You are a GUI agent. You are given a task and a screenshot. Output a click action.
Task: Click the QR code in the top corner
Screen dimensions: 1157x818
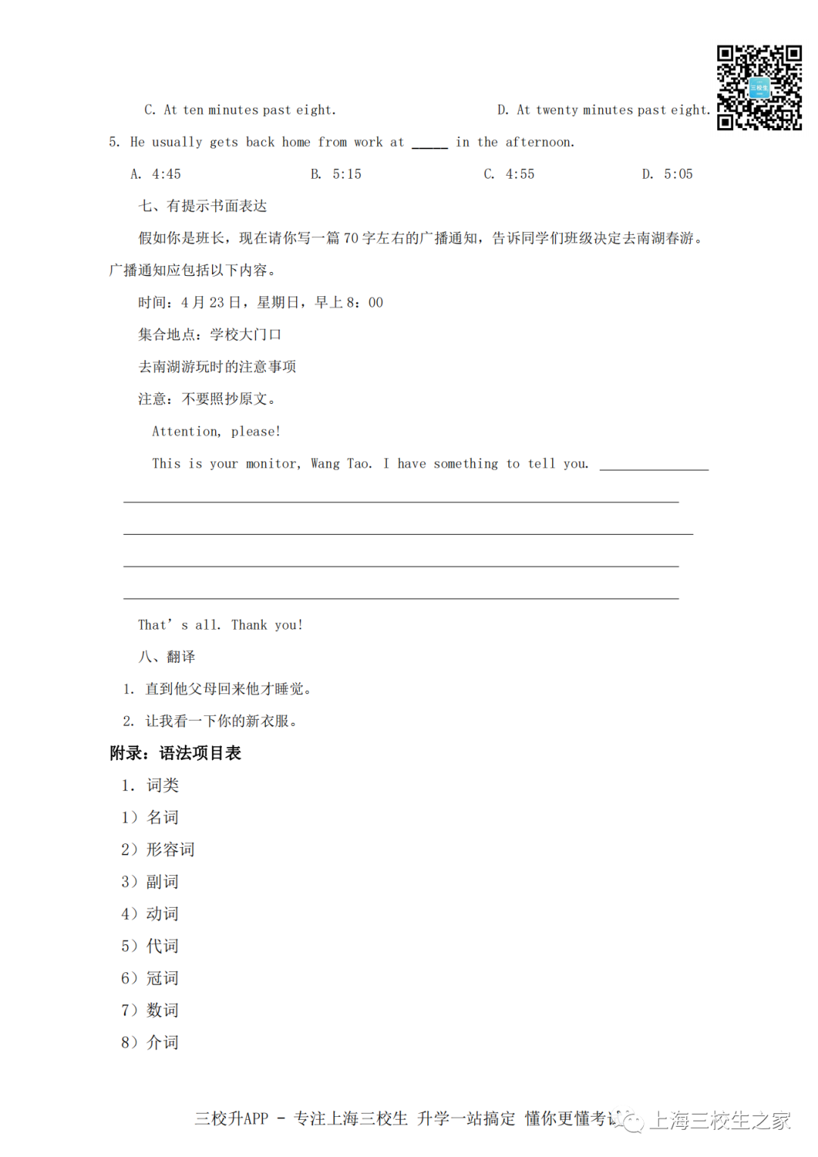tap(759, 87)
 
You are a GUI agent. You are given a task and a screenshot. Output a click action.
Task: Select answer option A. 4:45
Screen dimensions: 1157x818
tap(156, 174)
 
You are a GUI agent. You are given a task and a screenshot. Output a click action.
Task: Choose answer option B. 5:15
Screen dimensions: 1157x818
tap(336, 174)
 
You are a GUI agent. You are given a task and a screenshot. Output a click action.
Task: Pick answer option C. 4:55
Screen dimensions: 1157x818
tap(509, 174)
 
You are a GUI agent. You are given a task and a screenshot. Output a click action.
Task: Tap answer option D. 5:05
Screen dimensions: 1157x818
tap(667, 174)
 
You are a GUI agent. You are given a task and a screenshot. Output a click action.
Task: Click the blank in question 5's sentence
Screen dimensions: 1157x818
tap(429, 143)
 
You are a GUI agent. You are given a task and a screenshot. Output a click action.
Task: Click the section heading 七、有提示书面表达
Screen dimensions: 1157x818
tap(202, 206)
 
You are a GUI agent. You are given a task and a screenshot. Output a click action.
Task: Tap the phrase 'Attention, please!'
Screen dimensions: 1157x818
tap(216, 431)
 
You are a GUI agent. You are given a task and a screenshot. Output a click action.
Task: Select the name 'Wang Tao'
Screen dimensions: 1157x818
tap(341, 464)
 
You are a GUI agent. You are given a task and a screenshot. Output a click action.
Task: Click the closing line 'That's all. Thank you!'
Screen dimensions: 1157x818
tap(220, 625)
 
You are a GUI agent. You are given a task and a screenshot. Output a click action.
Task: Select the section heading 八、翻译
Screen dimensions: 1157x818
tap(167, 657)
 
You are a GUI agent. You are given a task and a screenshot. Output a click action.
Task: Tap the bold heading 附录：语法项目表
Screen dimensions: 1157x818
tap(175, 753)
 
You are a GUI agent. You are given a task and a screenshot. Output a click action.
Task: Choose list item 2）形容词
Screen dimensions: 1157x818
tap(158, 849)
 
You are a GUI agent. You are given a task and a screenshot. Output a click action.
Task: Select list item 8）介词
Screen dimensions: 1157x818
tap(150, 1043)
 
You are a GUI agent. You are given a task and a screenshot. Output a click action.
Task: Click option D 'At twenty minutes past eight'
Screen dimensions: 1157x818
tap(604, 110)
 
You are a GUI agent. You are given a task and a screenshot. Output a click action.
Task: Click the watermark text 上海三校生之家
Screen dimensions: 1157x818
tap(720, 1120)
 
